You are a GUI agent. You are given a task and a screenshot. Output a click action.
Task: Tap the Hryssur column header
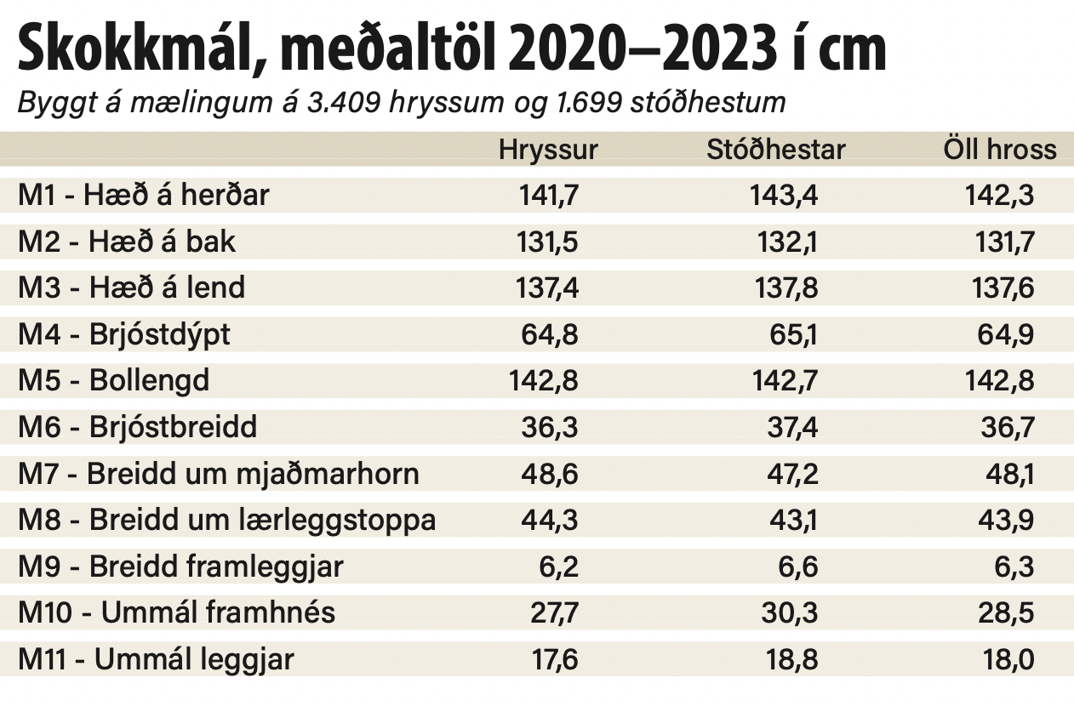(548, 150)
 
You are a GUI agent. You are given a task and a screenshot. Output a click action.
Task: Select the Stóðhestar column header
(775, 150)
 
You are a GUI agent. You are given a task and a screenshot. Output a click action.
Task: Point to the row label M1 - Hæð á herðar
(144, 196)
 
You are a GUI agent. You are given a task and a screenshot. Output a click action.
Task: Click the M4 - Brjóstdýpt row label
(124, 334)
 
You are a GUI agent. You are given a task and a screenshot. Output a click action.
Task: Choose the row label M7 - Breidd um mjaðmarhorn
(219, 473)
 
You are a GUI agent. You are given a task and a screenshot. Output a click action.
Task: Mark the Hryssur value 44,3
(551, 519)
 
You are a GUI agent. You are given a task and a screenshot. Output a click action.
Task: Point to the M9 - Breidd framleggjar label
(180, 566)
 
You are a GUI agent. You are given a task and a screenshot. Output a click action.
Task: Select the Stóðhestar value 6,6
(797, 566)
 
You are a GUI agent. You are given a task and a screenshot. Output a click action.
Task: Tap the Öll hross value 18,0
(1010, 658)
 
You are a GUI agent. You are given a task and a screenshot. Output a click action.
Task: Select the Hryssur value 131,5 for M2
(547, 242)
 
